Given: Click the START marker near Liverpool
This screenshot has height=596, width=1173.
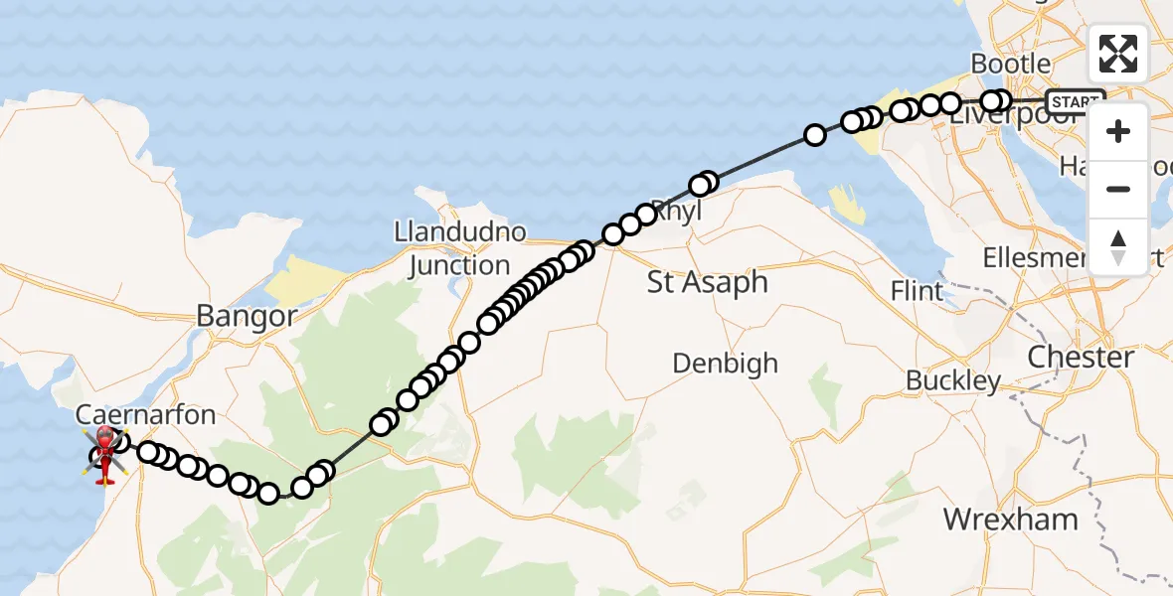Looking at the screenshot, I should (x=1075, y=101).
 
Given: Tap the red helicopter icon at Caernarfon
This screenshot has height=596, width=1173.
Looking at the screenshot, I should (x=104, y=456).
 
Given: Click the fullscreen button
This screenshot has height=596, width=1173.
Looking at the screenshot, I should (x=1118, y=54).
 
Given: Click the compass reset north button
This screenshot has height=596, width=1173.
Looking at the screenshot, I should (x=1118, y=246).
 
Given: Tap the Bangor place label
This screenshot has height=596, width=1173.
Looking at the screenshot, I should (x=247, y=317).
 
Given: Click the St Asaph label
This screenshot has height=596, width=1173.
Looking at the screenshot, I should (x=707, y=282).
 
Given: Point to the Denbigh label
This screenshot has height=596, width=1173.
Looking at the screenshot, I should (x=725, y=363).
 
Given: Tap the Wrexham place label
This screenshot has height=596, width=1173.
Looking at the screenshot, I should (x=1010, y=520).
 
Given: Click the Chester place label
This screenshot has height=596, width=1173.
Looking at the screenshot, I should (x=1081, y=358).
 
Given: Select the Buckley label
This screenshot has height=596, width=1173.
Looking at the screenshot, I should (x=953, y=381).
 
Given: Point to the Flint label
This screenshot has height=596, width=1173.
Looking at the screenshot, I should (x=917, y=292).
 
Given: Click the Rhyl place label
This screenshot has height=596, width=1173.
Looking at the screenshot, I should (x=680, y=213).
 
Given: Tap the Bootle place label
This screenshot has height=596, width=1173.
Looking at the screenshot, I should (x=1010, y=64).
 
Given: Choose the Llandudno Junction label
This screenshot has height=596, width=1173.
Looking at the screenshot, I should (x=458, y=249).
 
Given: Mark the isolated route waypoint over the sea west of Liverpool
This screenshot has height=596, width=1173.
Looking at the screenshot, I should (x=815, y=134).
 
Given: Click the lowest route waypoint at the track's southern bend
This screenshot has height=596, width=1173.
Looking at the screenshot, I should (x=268, y=493).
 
